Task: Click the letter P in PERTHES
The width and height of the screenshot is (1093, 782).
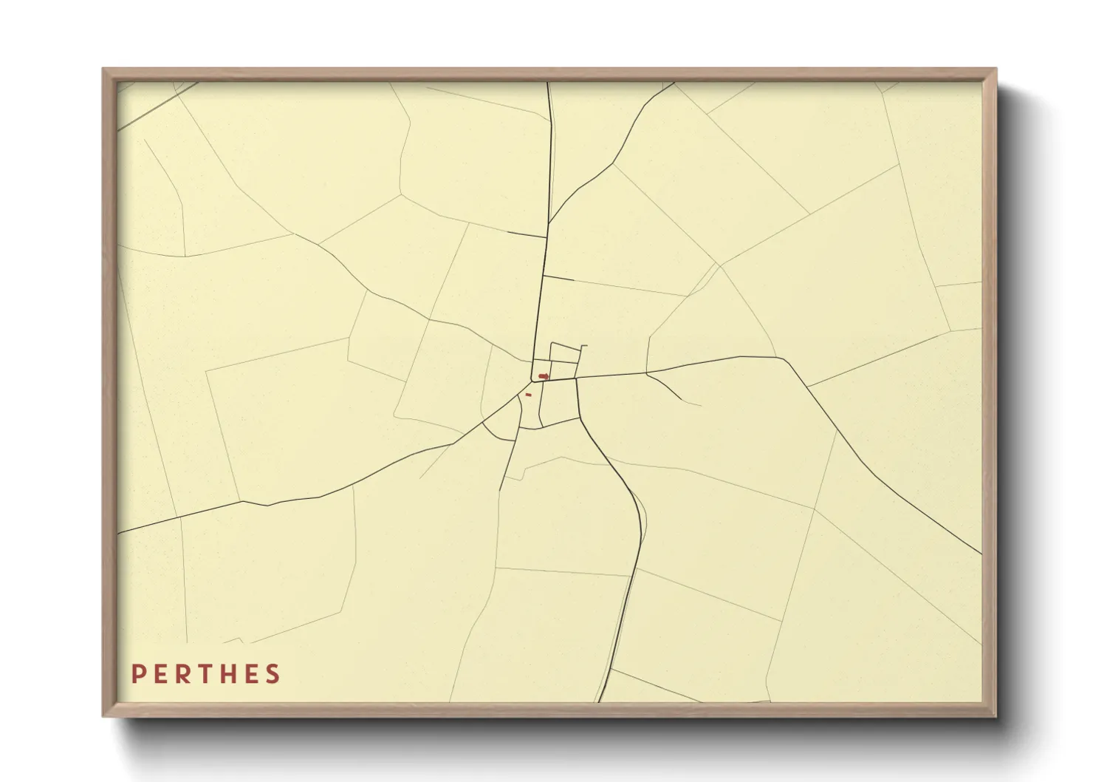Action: click(x=137, y=673)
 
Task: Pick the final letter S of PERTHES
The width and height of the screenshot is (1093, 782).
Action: click(x=275, y=673)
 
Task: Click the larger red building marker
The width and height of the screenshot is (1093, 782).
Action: click(x=544, y=376)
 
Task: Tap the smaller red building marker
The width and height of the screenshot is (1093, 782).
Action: click(x=528, y=395)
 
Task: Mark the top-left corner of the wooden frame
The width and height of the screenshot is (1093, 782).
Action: click(x=103, y=69)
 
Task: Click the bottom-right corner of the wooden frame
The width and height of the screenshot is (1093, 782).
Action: click(x=996, y=716)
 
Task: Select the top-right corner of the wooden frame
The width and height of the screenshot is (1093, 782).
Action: click(x=996, y=69)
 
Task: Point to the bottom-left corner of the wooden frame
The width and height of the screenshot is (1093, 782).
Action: click(x=103, y=716)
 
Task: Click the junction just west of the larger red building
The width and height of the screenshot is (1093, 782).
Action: click(x=532, y=381)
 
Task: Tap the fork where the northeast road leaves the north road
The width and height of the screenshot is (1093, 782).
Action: click(x=549, y=222)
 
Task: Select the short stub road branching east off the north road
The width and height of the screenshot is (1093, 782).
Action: click(x=559, y=278)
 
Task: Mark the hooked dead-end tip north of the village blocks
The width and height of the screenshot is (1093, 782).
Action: click(x=584, y=346)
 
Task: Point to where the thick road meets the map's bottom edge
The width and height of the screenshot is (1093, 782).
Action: click(x=600, y=701)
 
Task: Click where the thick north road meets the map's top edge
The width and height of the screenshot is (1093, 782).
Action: click(x=548, y=83)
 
